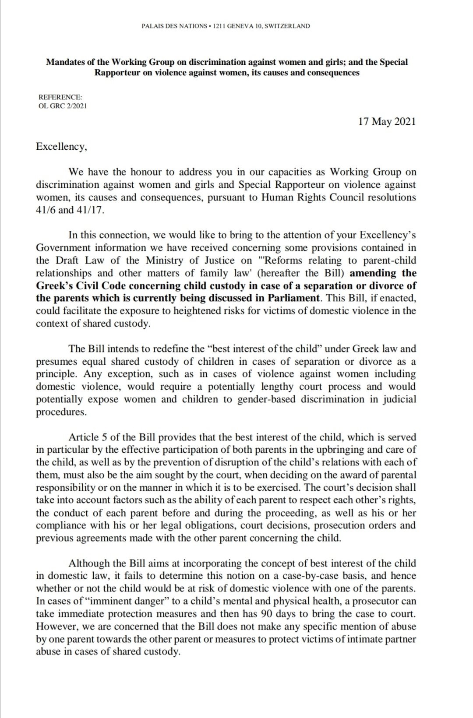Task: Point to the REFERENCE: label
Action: pyautogui.click(x=60, y=97)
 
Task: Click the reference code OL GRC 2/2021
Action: pyautogui.click(x=63, y=106)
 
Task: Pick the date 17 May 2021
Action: pyautogui.click(x=387, y=121)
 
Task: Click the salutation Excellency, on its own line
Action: pyautogui.click(x=61, y=146)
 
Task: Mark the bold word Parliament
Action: pyautogui.click(x=291, y=298)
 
